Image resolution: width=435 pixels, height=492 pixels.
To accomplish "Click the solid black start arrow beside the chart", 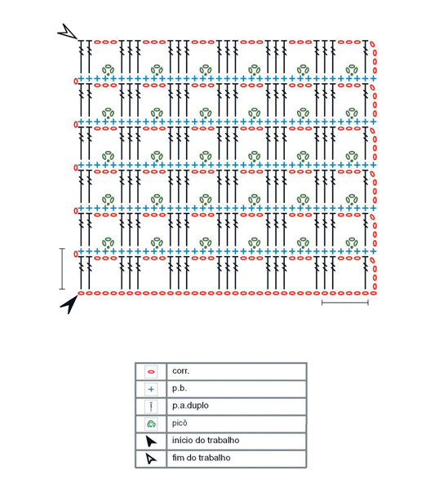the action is pyautogui.click(x=70, y=304).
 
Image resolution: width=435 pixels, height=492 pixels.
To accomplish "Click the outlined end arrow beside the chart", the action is pyautogui.click(x=68, y=31).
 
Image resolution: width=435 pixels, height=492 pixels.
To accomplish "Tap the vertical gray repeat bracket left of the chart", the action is pyautogui.click(x=62, y=268).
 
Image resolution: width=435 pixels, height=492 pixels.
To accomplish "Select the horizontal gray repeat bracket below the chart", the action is pyautogui.click(x=345, y=303).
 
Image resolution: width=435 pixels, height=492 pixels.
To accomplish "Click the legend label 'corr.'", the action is pyautogui.click(x=181, y=371).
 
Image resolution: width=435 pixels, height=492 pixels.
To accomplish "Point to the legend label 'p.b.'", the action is pyautogui.click(x=180, y=388).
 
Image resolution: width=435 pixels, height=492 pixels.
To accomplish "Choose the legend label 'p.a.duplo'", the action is pyautogui.click(x=190, y=406).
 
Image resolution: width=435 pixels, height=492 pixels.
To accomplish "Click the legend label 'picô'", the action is pyautogui.click(x=180, y=423).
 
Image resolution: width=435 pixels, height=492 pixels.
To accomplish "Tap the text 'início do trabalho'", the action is pyautogui.click(x=206, y=441).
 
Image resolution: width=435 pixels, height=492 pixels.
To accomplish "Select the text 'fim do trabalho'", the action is pyautogui.click(x=202, y=458).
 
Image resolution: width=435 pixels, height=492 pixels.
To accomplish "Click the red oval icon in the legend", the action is pyautogui.click(x=151, y=372).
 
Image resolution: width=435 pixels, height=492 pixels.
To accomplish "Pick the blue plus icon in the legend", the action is pyautogui.click(x=151, y=389).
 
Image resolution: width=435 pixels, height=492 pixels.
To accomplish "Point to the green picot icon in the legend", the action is pyautogui.click(x=151, y=424).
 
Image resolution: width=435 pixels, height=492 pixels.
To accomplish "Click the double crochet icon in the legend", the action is pyautogui.click(x=151, y=406).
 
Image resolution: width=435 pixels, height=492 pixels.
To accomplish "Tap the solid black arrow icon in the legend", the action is pyautogui.click(x=151, y=441).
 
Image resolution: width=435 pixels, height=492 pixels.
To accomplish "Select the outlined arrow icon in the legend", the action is pyautogui.click(x=151, y=459).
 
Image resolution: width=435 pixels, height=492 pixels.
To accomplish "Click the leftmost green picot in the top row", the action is pyautogui.click(x=108, y=69).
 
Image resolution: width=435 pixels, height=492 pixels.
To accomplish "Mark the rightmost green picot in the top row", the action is pyautogui.click(x=352, y=69).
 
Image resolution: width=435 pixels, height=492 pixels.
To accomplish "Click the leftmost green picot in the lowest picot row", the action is pyautogui.click(x=108, y=242).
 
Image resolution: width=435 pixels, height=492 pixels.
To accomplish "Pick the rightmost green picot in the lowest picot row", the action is pyautogui.click(x=352, y=242).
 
